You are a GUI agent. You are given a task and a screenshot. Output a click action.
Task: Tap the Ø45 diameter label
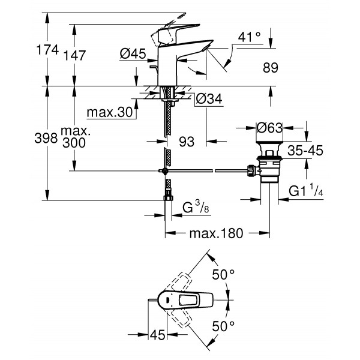(x=133, y=54)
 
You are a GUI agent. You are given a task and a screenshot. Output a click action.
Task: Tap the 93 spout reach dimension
(x=188, y=142)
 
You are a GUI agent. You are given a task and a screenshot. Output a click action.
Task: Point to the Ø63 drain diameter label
(x=269, y=128)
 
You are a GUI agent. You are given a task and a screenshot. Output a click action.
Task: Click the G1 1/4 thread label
(x=307, y=192)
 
